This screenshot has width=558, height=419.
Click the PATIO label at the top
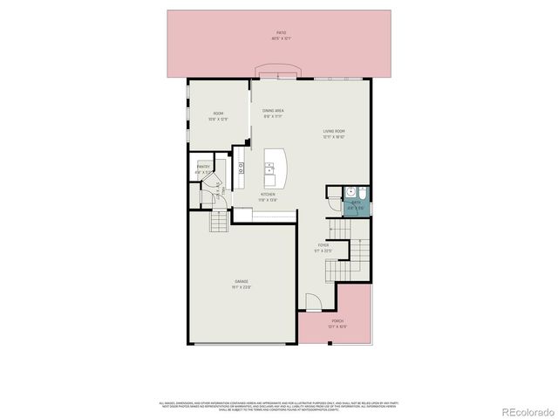click(x=282, y=32)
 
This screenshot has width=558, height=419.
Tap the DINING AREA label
click(x=273, y=111)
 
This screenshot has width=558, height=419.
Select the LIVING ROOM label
click(x=334, y=131)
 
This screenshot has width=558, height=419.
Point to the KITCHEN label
click(x=269, y=194)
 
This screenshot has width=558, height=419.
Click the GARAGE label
click(x=241, y=281)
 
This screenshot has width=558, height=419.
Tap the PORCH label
click(x=337, y=321)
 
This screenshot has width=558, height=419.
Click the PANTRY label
click(x=203, y=166)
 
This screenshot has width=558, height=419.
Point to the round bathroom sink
click(x=349, y=192)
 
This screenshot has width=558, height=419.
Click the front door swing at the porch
click(x=315, y=303)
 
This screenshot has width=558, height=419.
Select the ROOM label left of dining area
click(x=219, y=113)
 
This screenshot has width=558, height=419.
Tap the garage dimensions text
click(x=241, y=287)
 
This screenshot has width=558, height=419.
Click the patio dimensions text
click(x=282, y=38)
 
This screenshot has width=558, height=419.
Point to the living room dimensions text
click(x=334, y=137)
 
